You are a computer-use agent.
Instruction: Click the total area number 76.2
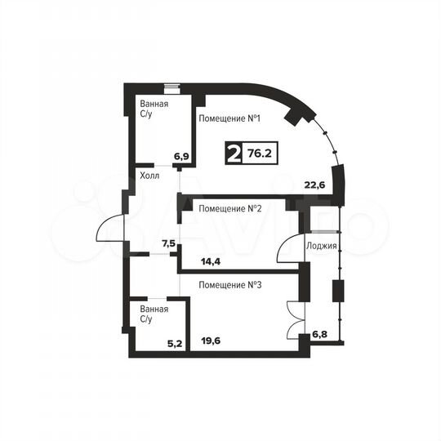point(261,152)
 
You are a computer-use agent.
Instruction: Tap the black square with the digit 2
point(234,153)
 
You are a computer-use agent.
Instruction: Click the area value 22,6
point(314,185)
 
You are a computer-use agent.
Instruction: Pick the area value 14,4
point(212,262)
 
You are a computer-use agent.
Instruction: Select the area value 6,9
point(180,156)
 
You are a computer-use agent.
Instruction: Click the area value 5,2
point(175,344)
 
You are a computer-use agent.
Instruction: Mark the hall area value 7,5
point(168,243)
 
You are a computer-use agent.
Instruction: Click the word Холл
point(149,176)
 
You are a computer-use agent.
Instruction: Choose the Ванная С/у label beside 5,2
point(154,314)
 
